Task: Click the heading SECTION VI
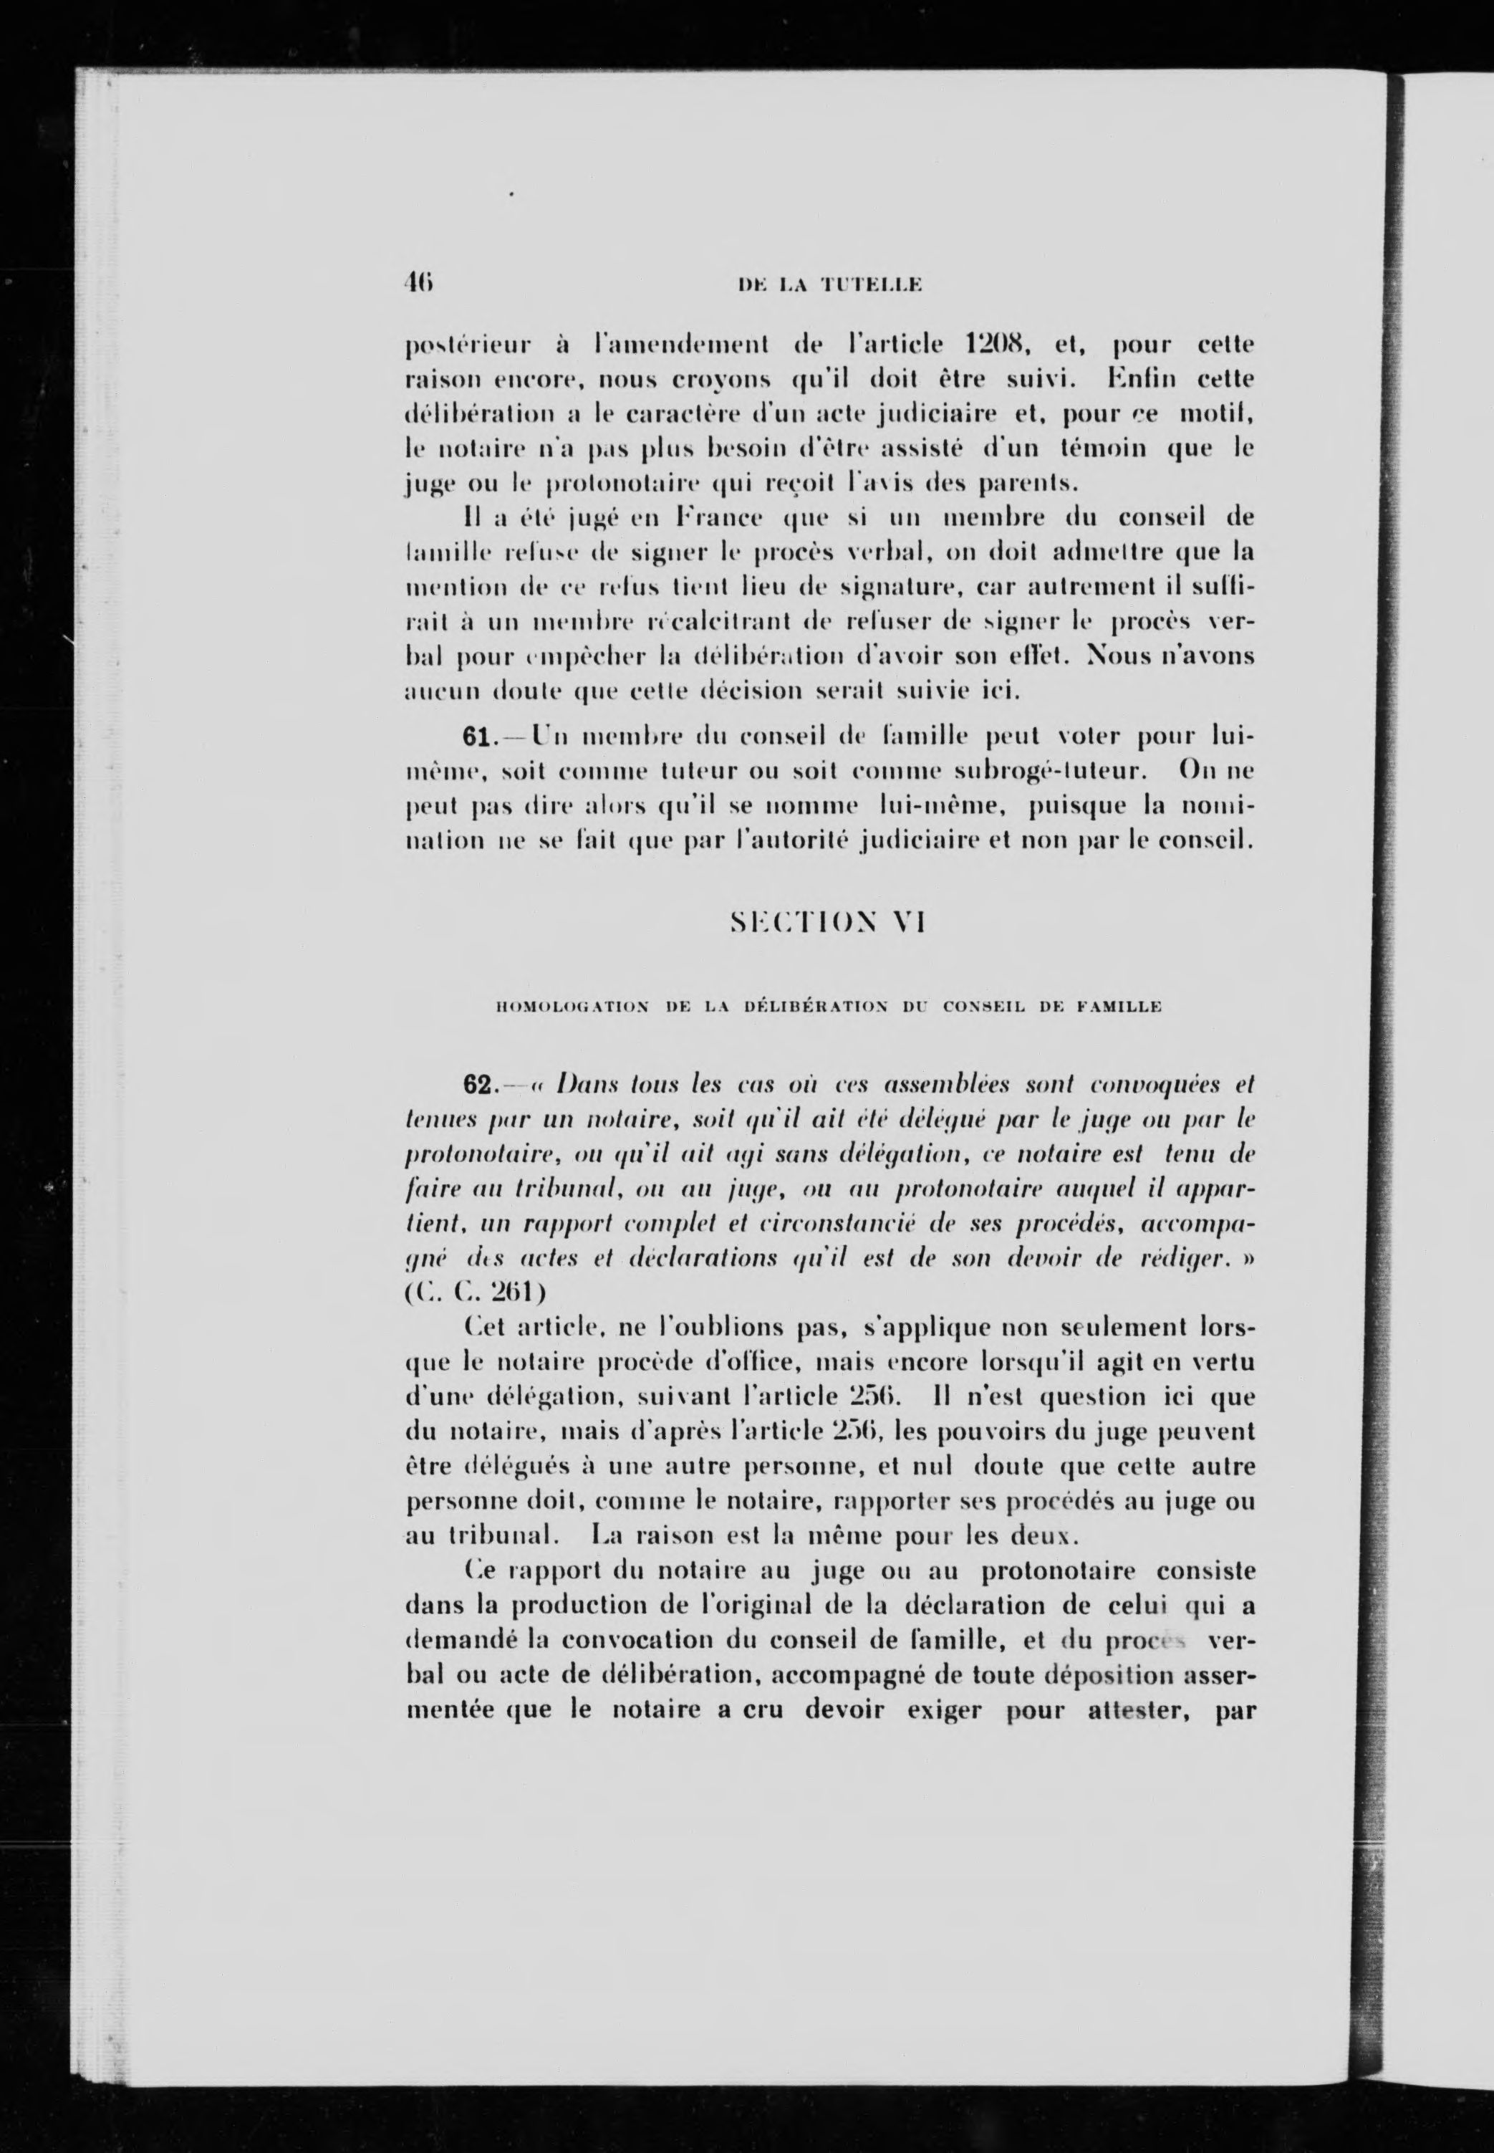click(x=827, y=924)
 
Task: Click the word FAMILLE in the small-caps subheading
click(x=1119, y=1007)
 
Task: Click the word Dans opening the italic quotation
click(x=587, y=1085)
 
